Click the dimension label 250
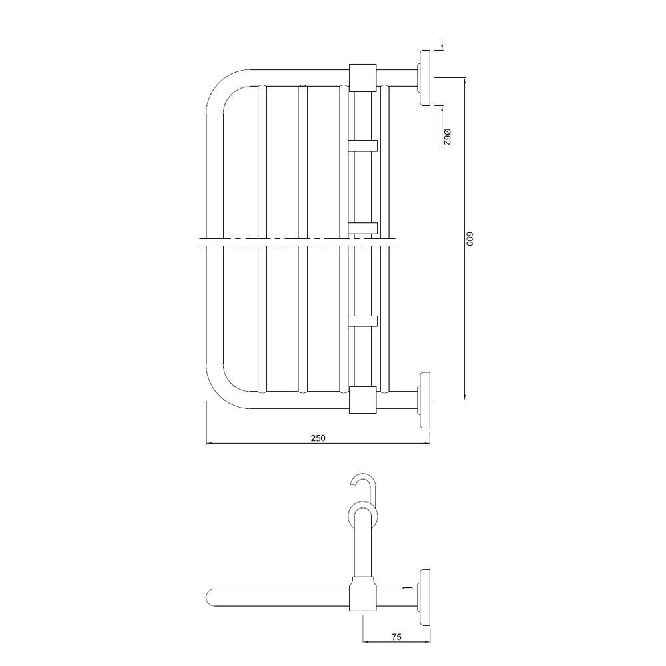click(x=318, y=438)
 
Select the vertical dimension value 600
click(x=470, y=239)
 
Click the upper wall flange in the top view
click(x=423, y=77)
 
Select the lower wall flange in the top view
click(x=423, y=399)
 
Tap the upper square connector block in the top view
click(x=363, y=77)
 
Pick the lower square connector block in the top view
click(x=363, y=400)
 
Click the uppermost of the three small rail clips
click(x=363, y=145)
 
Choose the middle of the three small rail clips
click(x=363, y=228)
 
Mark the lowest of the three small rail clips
click(x=363, y=320)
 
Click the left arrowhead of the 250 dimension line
click(x=208, y=443)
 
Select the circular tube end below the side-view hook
click(x=362, y=516)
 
